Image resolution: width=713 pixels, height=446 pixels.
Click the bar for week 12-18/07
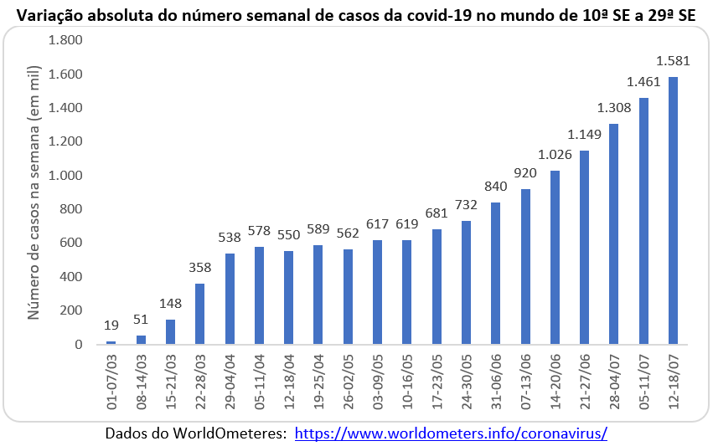click(x=673, y=210)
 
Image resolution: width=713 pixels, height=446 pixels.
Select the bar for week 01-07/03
click(x=111, y=342)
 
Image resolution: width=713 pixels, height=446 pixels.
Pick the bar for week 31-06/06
click(x=495, y=273)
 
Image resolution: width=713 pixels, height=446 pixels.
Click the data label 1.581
click(x=672, y=60)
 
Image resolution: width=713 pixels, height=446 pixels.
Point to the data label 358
click(x=200, y=268)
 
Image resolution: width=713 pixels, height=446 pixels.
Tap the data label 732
click(x=466, y=204)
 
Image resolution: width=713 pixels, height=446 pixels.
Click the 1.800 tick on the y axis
click(x=66, y=41)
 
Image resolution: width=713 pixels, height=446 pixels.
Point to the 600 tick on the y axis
click(x=72, y=244)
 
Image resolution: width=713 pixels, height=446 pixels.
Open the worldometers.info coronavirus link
click(x=451, y=434)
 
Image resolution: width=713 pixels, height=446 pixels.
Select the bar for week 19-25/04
click(x=318, y=295)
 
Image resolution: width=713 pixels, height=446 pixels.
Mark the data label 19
click(x=111, y=325)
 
